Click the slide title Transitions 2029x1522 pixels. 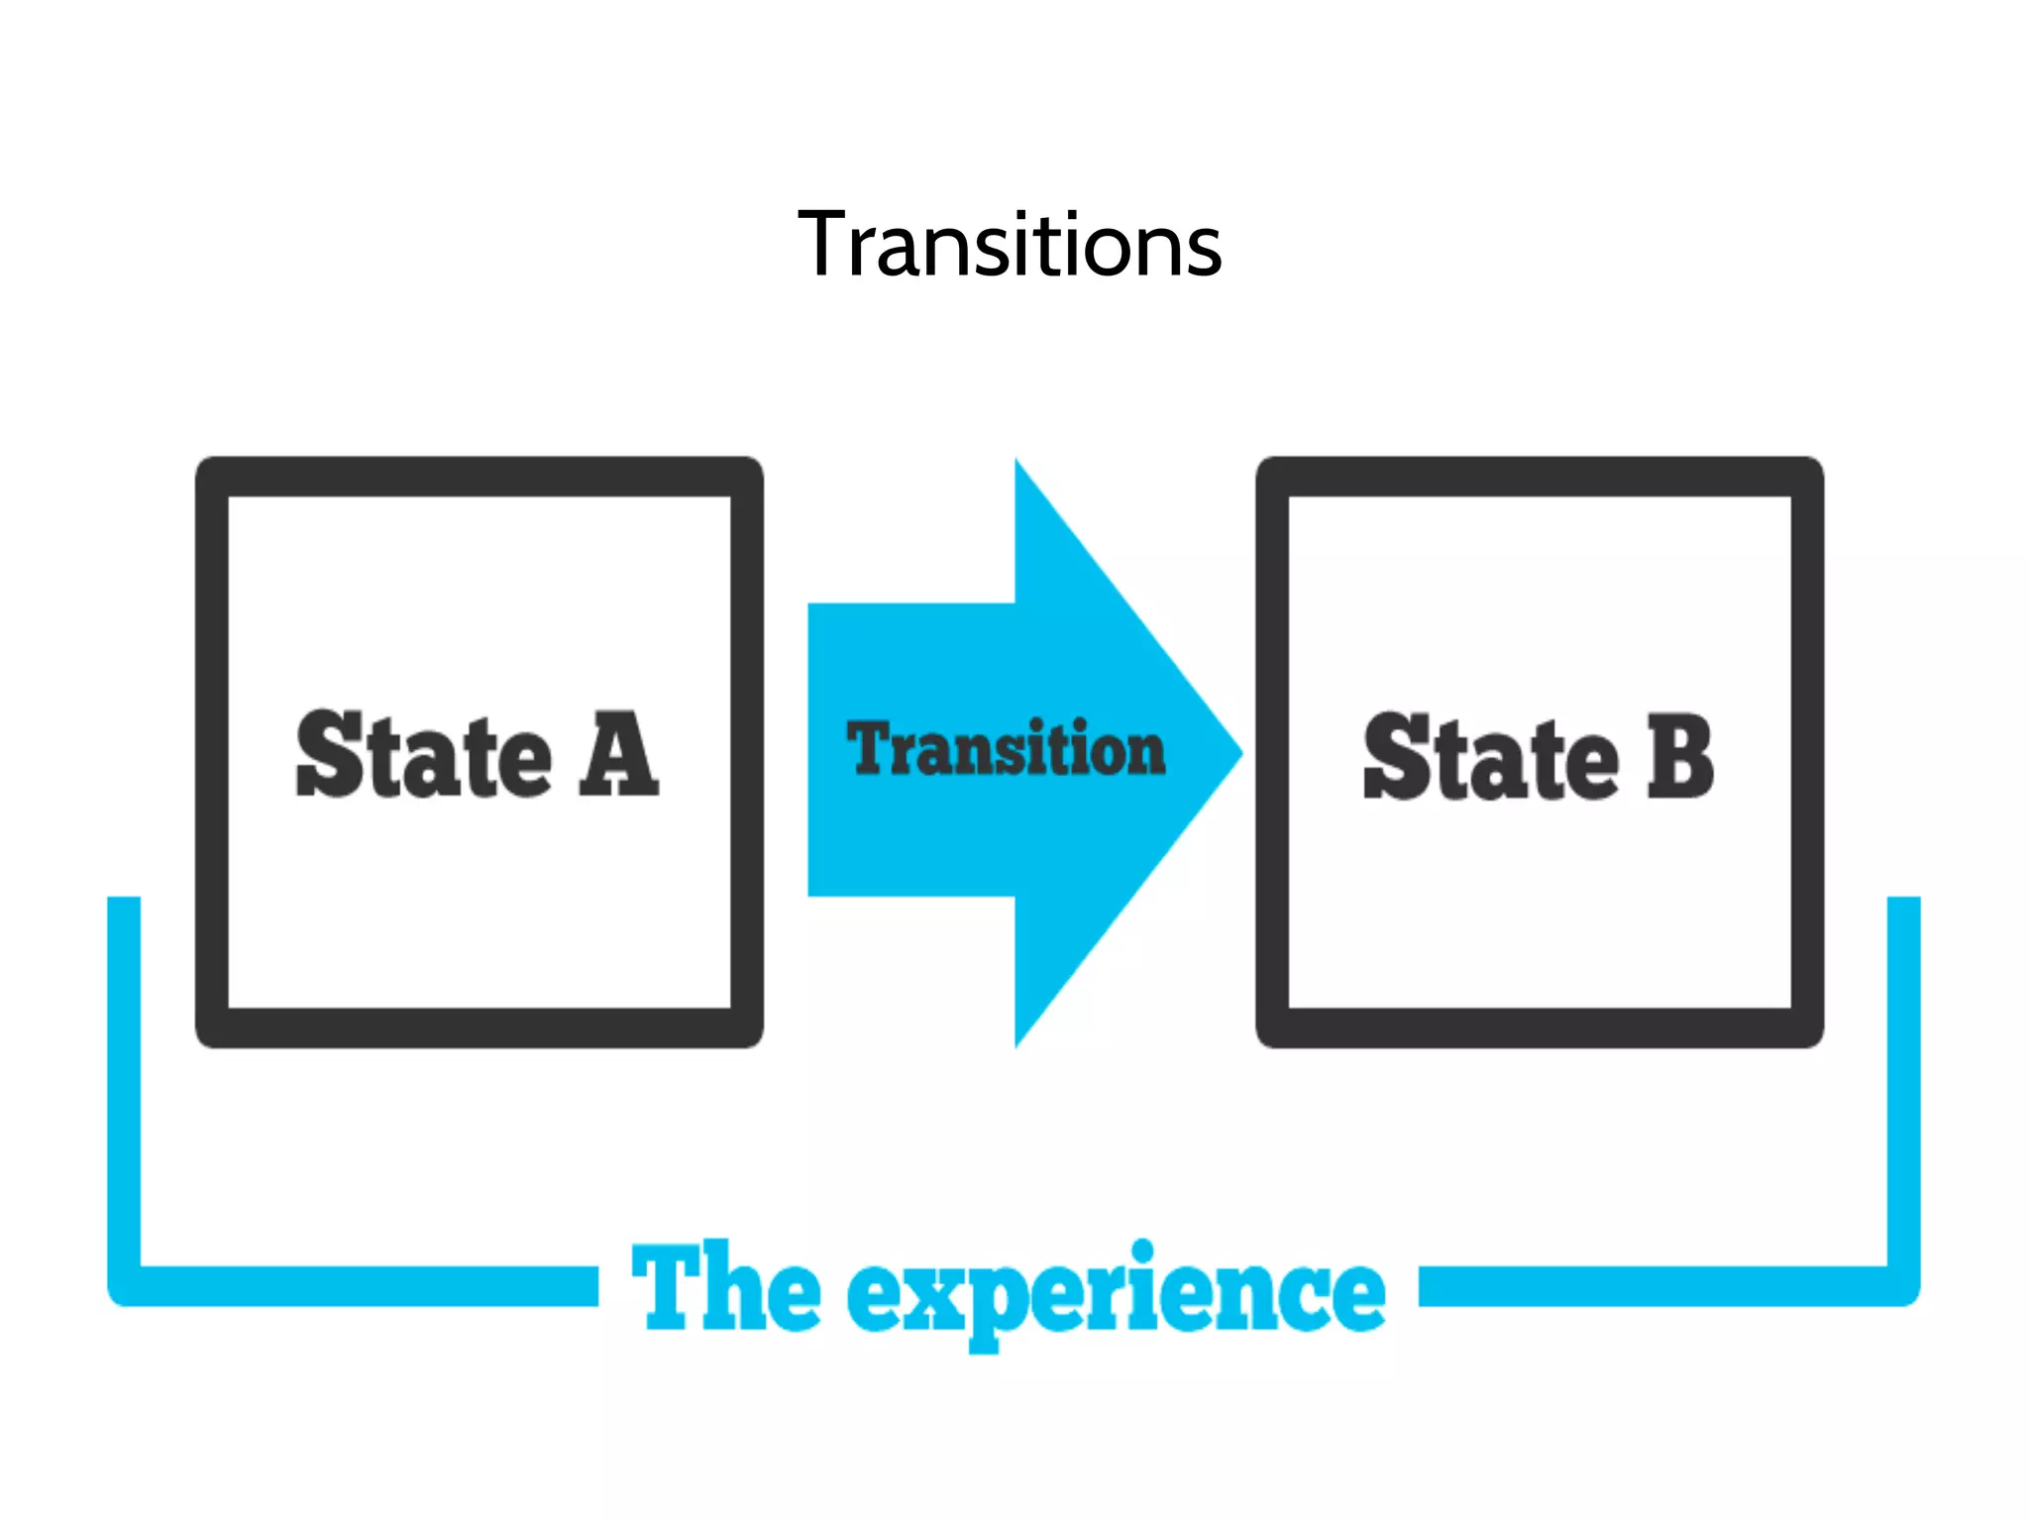[x=1010, y=244]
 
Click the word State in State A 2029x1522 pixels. [x=423, y=755]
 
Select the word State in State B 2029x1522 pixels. [x=1490, y=757]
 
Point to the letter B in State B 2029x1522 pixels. [x=1679, y=757]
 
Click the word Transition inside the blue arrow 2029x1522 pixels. [x=1006, y=749]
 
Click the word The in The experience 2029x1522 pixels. [x=725, y=1288]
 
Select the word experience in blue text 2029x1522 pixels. [x=1116, y=1294]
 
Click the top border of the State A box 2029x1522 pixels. [x=480, y=477]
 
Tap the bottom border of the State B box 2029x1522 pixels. [x=1540, y=1028]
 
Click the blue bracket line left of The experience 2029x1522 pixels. [x=367, y=1285]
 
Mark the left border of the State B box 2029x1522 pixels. [x=1272, y=752]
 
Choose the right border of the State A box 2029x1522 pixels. [x=747, y=752]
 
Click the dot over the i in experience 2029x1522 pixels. [x=1142, y=1250]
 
